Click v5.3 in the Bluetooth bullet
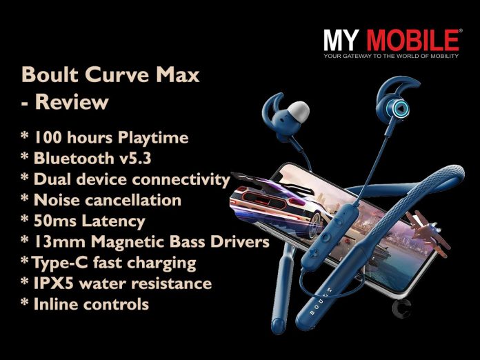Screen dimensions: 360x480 click(134, 158)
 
